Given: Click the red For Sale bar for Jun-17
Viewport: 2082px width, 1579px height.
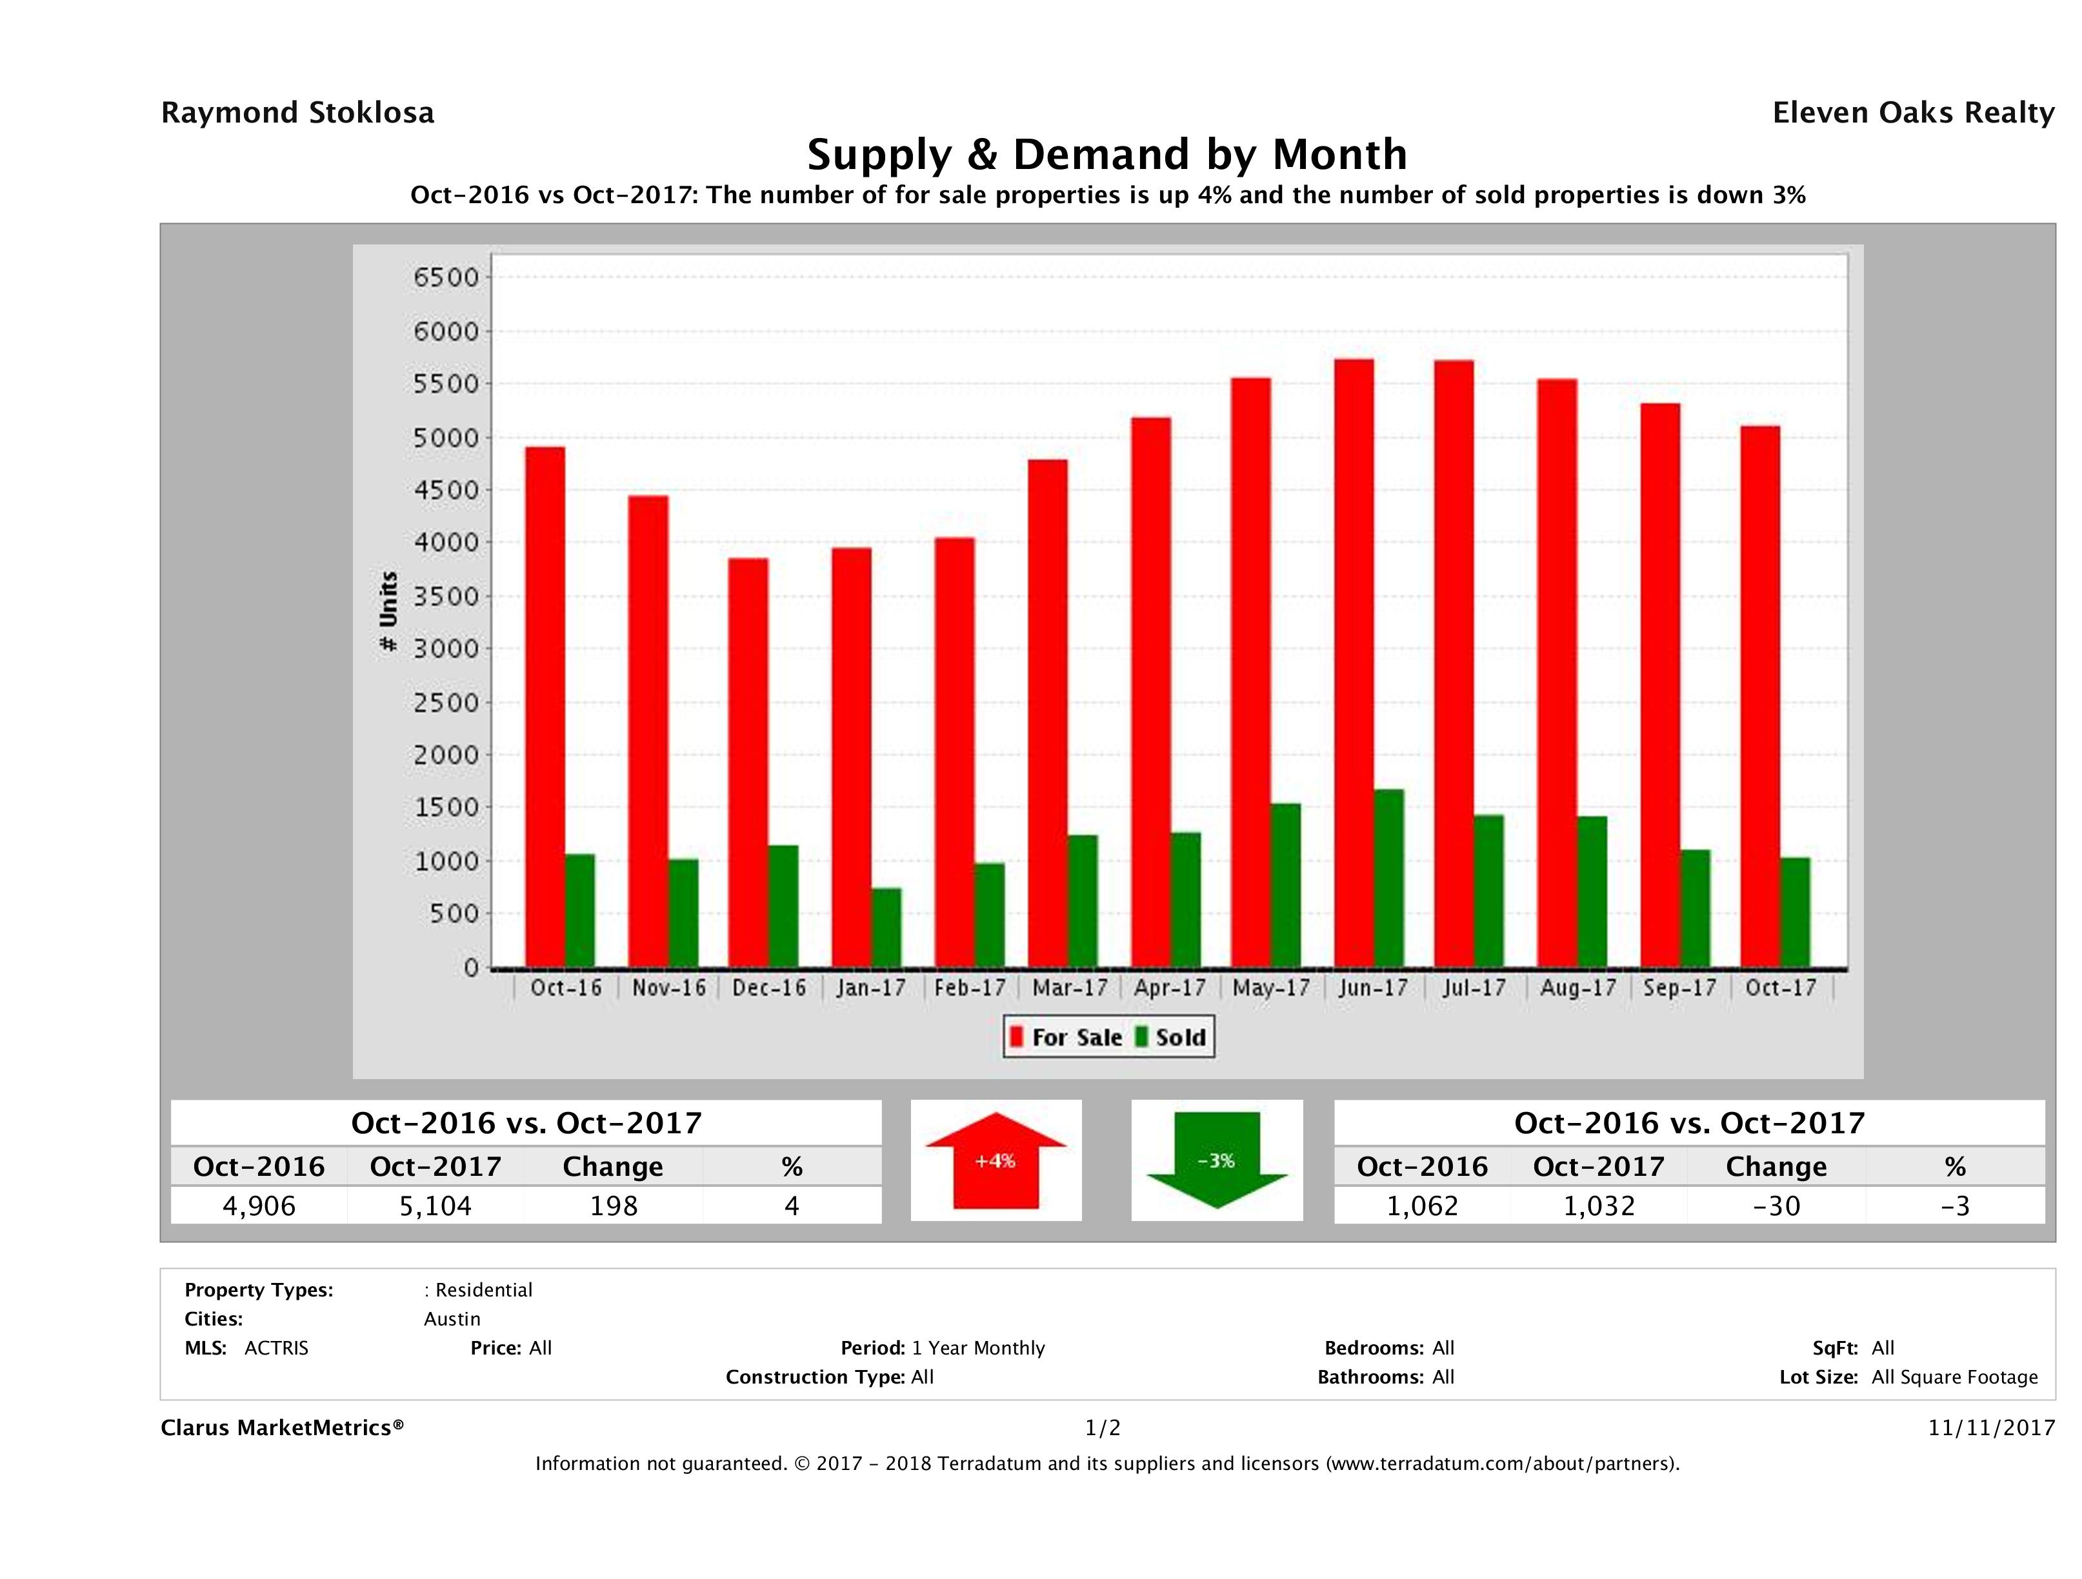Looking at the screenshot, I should tap(1354, 664).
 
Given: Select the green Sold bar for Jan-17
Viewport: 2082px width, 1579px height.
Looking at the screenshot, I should tap(886, 928).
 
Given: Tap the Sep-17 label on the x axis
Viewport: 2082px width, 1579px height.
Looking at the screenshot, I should tap(1680, 988).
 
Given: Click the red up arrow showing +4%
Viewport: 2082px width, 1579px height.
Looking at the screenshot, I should tap(996, 1160).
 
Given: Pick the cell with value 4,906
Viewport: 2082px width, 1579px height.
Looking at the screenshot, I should tap(259, 1206).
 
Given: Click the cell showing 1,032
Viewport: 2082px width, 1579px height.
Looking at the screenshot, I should tap(1599, 1206).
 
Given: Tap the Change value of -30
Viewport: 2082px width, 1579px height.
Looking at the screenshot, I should tap(1776, 1206).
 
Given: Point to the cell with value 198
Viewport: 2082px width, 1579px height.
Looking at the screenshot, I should tap(614, 1206).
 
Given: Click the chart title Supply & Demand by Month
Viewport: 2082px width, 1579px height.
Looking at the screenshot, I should tap(1107, 154).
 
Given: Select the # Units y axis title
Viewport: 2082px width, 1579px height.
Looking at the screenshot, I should tap(388, 611).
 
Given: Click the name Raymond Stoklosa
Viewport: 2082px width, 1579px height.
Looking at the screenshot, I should tap(297, 113).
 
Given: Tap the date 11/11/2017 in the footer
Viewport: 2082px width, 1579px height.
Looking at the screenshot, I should tap(1990, 1427).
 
